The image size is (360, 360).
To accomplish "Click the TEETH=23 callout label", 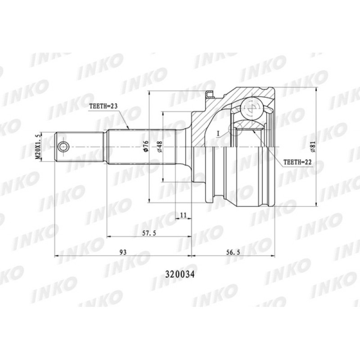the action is click(103, 106).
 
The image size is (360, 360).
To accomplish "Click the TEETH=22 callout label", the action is click(297, 162).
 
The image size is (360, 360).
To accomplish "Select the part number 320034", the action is click(180, 274).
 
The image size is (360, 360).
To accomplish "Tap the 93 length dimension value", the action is click(123, 252).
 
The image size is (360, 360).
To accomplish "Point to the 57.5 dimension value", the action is click(149, 233).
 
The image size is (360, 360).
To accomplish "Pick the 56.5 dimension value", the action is click(233, 252).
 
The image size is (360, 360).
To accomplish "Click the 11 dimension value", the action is click(183, 215).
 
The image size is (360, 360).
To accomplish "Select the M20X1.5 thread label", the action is click(38, 147).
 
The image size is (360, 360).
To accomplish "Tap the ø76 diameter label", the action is click(146, 146).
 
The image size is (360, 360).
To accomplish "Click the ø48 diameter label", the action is click(159, 147).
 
